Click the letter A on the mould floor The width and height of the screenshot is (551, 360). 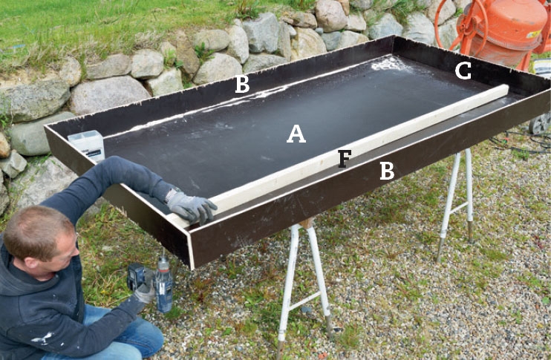[x=296, y=134]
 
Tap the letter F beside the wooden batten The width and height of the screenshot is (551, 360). [x=345, y=158]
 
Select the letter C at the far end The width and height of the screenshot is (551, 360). [x=463, y=71]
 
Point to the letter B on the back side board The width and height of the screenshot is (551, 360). [x=242, y=84]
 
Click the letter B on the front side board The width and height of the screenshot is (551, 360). [x=387, y=171]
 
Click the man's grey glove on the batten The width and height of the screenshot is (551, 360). [x=192, y=207]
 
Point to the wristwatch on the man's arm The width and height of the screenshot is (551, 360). [x=171, y=194]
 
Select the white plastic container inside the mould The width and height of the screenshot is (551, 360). [x=87, y=144]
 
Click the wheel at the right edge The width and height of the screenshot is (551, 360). [x=541, y=123]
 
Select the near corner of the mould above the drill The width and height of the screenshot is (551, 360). [x=192, y=268]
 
